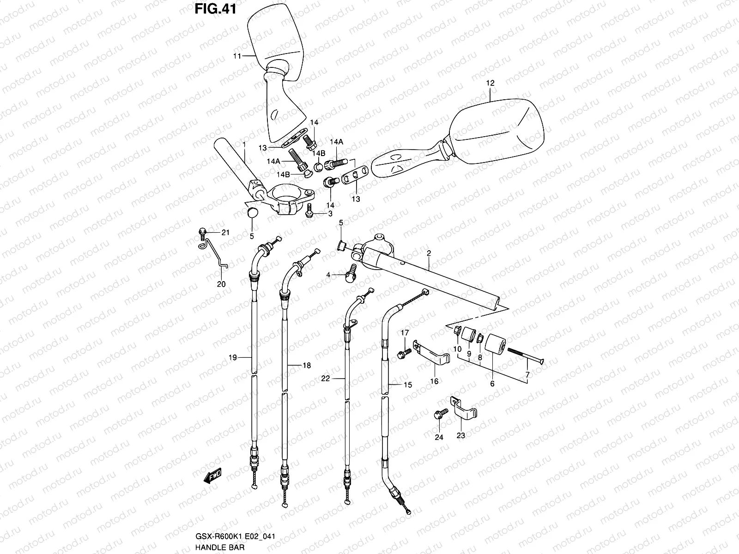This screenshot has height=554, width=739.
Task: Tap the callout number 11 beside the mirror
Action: tap(237, 56)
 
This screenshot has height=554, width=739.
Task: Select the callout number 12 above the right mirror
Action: tap(490, 84)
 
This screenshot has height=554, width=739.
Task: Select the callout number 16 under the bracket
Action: tap(434, 381)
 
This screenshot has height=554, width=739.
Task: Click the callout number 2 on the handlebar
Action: tap(429, 253)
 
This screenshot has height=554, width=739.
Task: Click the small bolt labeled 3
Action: tap(309, 212)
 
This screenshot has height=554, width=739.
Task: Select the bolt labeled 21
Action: tap(202, 233)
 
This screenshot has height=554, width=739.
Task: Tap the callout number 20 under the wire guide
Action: tap(221, 284)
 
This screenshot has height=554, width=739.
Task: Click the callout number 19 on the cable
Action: tap(233, 357)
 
